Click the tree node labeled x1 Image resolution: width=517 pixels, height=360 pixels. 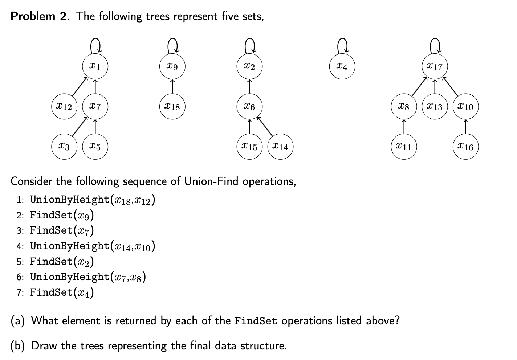coord(95,67)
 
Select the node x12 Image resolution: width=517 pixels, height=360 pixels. coord(64,107)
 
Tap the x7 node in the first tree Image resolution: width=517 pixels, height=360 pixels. coord(95,107)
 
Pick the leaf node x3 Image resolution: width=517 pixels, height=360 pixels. coord(64,147)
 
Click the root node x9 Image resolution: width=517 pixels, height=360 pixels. coord(172,67)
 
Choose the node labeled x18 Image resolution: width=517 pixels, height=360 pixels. coord(172,107)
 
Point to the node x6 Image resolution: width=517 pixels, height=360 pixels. coord(249,107)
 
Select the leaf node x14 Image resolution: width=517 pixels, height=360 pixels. coord(280,147)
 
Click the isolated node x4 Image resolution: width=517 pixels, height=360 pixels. coord(342,67)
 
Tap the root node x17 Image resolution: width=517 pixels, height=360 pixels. coord(435,67)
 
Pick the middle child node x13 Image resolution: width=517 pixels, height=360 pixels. coord(435,107)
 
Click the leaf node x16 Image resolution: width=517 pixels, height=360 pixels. coord(465,147)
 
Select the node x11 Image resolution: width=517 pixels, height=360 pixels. coord(404,147)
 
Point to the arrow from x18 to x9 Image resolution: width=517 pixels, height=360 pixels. coord(172,87)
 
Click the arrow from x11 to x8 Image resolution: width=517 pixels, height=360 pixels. coord(404,127)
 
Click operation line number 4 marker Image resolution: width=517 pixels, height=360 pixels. coord(20,246)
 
